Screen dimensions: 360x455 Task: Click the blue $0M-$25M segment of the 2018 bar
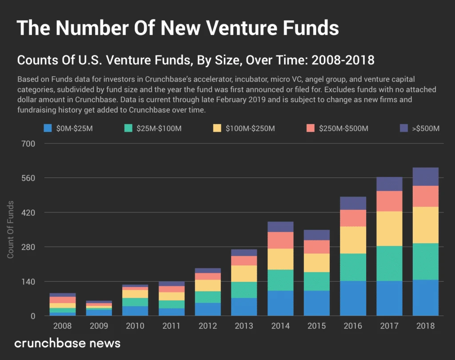[426, 297]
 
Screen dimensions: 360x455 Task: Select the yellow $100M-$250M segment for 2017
[389, 228]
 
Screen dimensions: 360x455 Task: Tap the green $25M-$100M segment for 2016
[353, 267]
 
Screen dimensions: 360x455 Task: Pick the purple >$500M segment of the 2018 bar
[426, 176]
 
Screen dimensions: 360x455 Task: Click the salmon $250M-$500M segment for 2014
[280, 240]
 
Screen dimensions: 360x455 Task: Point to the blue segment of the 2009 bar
[99, 312]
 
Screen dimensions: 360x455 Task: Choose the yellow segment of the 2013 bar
[243, 273]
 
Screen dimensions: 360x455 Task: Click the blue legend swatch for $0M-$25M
[48, 128]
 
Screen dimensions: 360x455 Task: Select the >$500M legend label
[425, 129]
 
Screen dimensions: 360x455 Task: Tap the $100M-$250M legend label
[250, 129]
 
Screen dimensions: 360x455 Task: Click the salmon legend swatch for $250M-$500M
[311, 128]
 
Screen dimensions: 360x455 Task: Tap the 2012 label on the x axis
[208, 326]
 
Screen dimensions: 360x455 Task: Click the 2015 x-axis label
[316, 326]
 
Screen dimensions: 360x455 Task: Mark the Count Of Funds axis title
[10, 230]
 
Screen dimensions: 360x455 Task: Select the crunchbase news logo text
[67, 344]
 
